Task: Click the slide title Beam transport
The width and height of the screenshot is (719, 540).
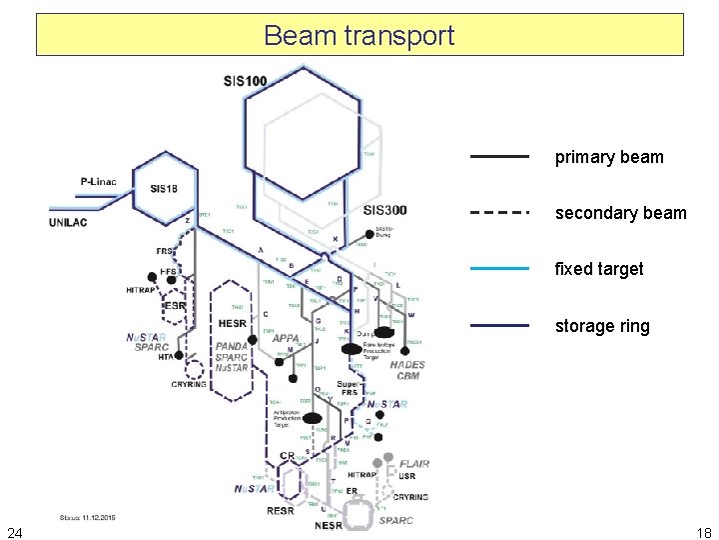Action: pyautogui.click(x=359, y=36)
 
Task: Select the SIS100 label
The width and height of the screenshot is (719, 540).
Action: pyautogui.click(x=246, y=79)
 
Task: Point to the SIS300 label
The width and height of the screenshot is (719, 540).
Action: pyautogui.click(x=385, y=210)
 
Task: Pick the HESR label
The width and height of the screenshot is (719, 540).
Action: pyautogui.click(x=232, y=324)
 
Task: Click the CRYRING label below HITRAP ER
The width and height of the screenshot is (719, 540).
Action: pyautogui.click(x=410, y=497)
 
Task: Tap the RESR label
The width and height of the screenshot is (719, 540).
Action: pyautogui.click(x=281, y=510)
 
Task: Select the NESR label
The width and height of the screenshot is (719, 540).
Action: pyautogui.click(x=329, y=525)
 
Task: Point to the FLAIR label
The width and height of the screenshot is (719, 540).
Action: pyautogui.click(x=414, y=464)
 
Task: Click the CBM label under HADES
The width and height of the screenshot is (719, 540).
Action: pyautogui.click(x=407, y=376)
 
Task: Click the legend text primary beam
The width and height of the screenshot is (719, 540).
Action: pyautogui.click(x=608, y=157)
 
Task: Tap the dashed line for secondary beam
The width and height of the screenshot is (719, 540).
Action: pyautogui.click(x=499, y=213)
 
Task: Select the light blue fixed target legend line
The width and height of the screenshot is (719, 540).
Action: pyautogui.click(x=499, y=269)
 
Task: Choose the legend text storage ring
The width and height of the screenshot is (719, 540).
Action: pyautogui.click(x=602, y=326)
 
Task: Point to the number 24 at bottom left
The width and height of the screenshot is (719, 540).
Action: pyautogui.click(x=15, y=531)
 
